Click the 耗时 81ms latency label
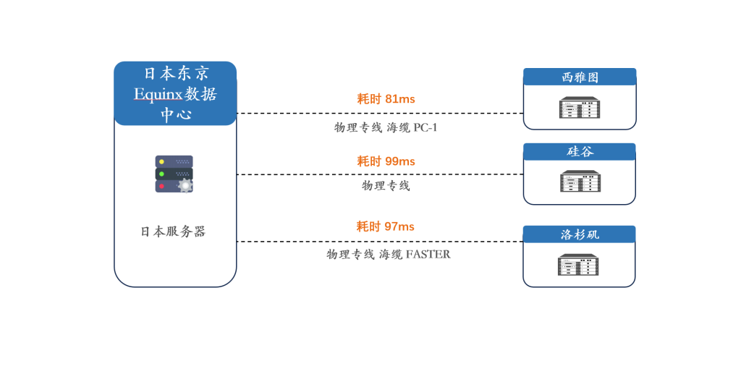pos(386,99)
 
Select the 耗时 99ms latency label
pos(386,161)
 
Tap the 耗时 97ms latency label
pos(385,226)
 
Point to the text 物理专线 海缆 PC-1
pos(386,128)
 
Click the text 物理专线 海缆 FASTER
pos(388,255)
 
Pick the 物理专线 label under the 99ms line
pos(386,186)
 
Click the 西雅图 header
pos(580,77)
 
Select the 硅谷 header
pos(580,151)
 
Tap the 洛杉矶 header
pos(579,234)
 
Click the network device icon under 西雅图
pos(580,108)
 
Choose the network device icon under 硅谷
pos(580,181)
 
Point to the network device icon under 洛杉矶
pos(578,265)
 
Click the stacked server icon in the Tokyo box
pos(174,174)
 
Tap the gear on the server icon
pos(185,185)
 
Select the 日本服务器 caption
pos(173,232)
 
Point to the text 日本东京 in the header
pos(176,74)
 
